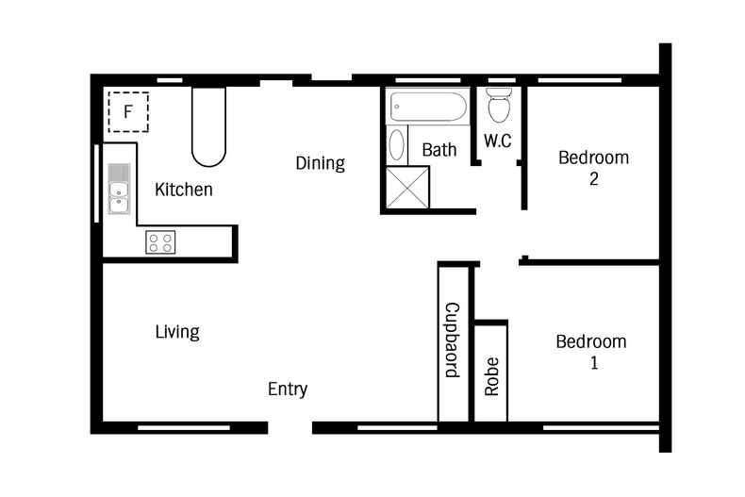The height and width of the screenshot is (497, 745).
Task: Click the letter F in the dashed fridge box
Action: tap(128, 112)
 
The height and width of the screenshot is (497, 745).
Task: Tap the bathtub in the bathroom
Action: tap(427, 107)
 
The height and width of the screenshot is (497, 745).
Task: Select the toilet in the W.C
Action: tap(499, 104)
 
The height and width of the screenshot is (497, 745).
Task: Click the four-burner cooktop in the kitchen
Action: tap(160, 242)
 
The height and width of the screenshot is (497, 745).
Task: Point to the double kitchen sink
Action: tap(119, 189)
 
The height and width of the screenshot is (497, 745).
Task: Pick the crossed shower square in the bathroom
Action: tap(407, 188)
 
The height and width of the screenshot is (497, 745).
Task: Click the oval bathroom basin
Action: tap(396, 144)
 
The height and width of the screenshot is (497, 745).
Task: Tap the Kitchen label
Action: tap(183, 190)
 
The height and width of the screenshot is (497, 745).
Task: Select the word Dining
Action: tap(321, 163)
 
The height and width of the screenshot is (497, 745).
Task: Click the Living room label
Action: tap(177, 332)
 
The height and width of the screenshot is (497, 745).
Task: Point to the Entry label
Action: tap(288, 389)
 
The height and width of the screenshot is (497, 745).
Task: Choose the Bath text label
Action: tap(439, 150)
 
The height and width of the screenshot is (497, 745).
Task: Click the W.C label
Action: tap(498, 141)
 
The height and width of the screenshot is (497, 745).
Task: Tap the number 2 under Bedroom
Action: tap(594, 178)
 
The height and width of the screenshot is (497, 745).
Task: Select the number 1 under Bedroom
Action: tap(594, 363)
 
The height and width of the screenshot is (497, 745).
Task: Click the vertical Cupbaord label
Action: tap(453, 340)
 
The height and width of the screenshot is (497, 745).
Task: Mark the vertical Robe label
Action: tap(491, 377)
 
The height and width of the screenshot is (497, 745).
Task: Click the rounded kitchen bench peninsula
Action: tap(208, 126)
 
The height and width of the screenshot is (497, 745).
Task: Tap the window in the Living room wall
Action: tap(184, 427)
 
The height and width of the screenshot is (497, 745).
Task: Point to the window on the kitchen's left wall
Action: tap(96, 183)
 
